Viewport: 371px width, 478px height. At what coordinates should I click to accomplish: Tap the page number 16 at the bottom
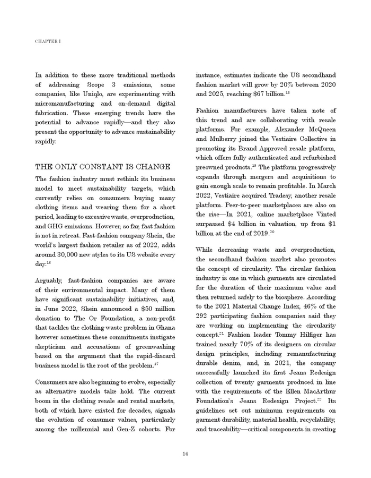185,453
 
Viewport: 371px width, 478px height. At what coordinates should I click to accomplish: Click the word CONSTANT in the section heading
104,167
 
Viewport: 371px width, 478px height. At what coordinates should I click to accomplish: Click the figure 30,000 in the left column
74,254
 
